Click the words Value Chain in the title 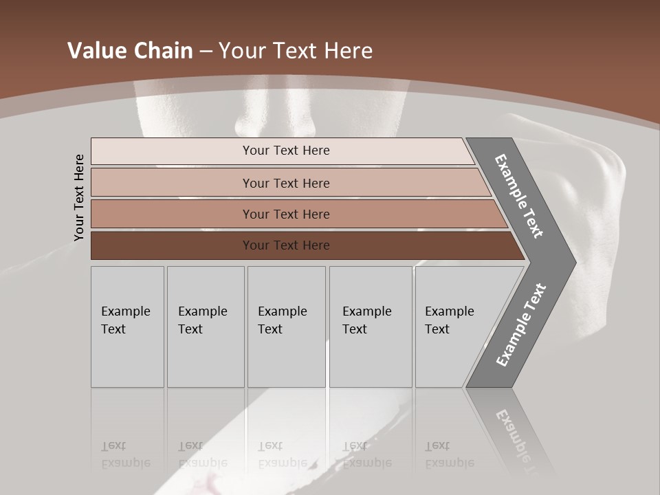[130, 51]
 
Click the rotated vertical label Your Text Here [79, 197]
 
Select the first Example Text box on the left [127, 327]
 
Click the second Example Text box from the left [206, 327]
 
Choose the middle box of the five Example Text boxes [286, 327]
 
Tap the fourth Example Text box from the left [371, 327]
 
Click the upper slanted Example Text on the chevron [519, 196]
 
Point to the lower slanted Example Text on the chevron [521, 324]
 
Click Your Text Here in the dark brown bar [286, 245]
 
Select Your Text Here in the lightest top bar [286, 151]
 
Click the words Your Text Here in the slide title [296, 51]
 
